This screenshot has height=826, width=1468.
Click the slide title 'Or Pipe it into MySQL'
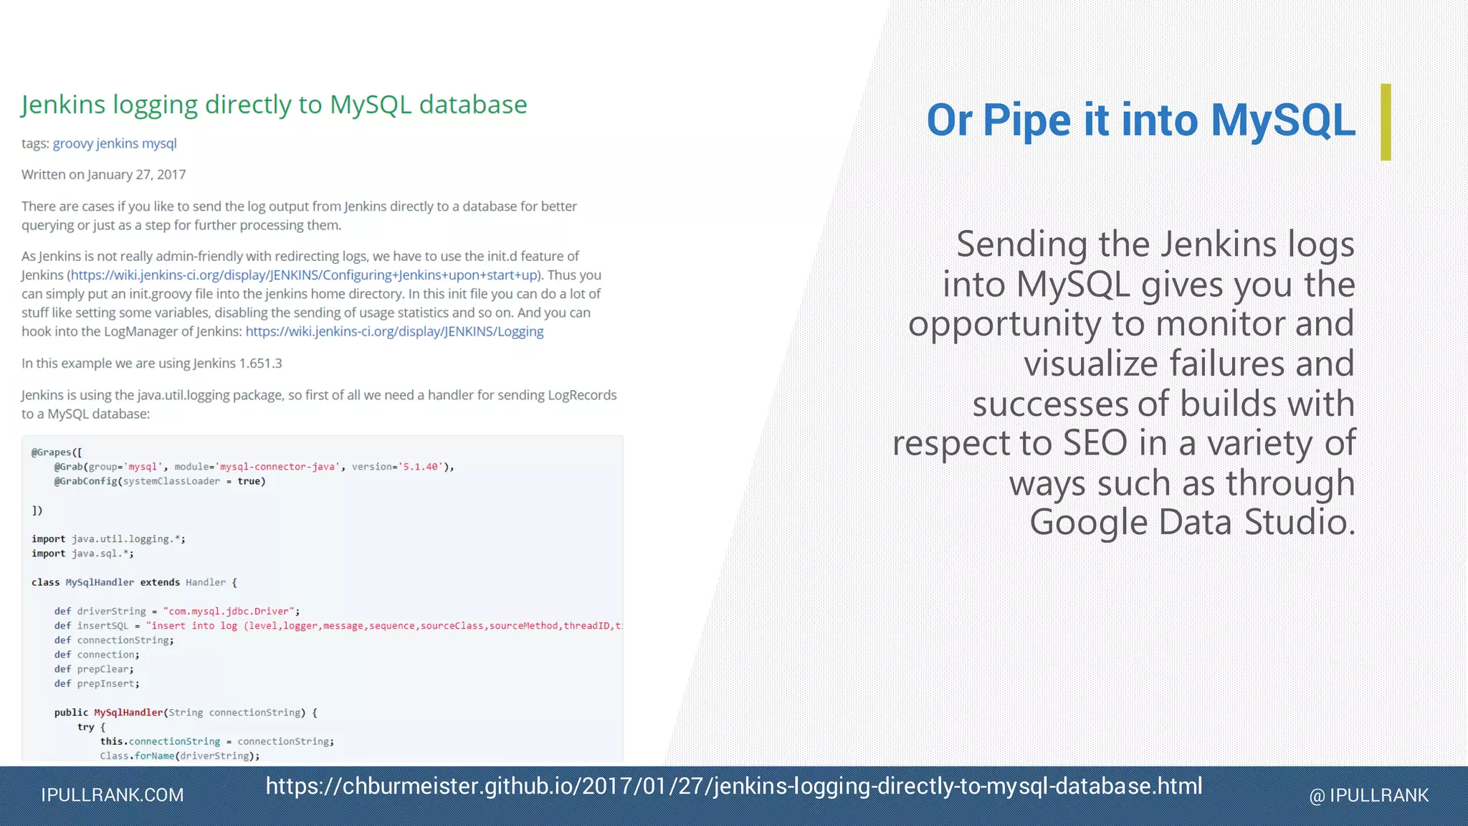(1140, 120)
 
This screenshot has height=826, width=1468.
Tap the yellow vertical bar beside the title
(1386, 122)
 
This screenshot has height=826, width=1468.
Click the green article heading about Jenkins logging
(274, 105)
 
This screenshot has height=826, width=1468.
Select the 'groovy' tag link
(72, 143)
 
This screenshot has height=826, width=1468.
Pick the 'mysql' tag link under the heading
(159, 143)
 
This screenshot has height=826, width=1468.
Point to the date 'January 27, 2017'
(136, 175)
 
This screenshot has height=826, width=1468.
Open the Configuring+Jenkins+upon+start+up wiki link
(304, 275)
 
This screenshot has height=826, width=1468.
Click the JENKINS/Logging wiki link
(394, 331)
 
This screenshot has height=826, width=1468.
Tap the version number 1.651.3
(260, 364)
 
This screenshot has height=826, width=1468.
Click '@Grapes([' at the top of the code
(57, 452)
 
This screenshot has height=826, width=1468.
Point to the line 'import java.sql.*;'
(82, 554)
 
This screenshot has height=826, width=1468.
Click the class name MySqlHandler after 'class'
(100, 582)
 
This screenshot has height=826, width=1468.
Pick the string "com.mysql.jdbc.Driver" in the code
(228, 612)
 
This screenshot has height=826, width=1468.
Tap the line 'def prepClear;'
(94, 669)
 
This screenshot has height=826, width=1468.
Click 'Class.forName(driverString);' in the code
(179, 756)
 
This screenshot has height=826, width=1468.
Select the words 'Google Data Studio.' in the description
(1192, 522)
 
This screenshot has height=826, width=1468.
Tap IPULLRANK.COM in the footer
(113, 795)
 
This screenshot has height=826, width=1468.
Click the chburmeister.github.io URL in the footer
(734, 787)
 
